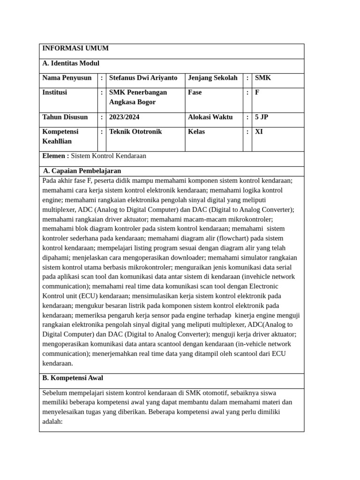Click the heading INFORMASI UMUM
tap(75, 48)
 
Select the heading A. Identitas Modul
tap(71, 63)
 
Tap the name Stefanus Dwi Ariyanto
tap(143, 78)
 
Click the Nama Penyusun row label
tap(67, 78)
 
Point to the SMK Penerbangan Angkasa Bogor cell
tap(138, 97)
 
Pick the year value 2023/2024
tap(124, 117)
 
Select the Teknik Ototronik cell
tap(135, 132)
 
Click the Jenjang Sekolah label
tap(213, 78)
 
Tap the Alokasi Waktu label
tap(210, 117)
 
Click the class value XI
tap(259, 132)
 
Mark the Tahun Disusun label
tap(65, 117)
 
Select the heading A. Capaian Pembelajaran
tap(82, 171)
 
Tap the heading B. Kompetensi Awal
tap(73, 378)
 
